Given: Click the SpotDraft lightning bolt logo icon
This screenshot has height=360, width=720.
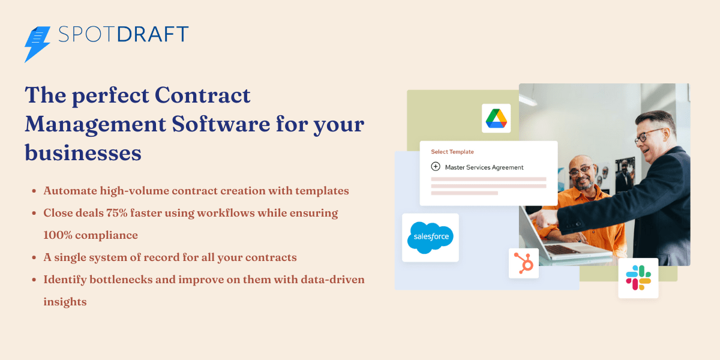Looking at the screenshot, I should click(x=37, y=43).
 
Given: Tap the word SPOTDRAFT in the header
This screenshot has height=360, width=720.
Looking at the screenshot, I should click(x=124, y=35).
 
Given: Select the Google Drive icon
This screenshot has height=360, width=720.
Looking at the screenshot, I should click(x=496, y=118).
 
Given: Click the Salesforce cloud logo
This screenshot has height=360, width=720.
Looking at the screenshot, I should click(x=430, y=238).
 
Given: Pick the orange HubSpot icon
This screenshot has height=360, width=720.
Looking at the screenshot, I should click(x=523, y=263).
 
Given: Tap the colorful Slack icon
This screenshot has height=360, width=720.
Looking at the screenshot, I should click(x=638, y=278).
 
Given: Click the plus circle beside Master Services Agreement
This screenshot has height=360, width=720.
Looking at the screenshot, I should click(x=436, y=167).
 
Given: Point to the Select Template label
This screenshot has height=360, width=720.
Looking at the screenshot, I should click(x=452, y=152).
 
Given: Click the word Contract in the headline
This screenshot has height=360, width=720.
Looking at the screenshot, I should click(x=202, y=95).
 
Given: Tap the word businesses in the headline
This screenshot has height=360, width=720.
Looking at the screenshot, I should click(x=83, y=153).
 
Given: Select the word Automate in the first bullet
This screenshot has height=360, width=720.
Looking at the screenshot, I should click(x=70, y=191).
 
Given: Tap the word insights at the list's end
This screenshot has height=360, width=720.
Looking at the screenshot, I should click(x=65, y=302).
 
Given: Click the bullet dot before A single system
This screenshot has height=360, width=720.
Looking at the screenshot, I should click(x=34, y=258).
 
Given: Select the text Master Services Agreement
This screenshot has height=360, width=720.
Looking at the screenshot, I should click(x=484, y=167).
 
